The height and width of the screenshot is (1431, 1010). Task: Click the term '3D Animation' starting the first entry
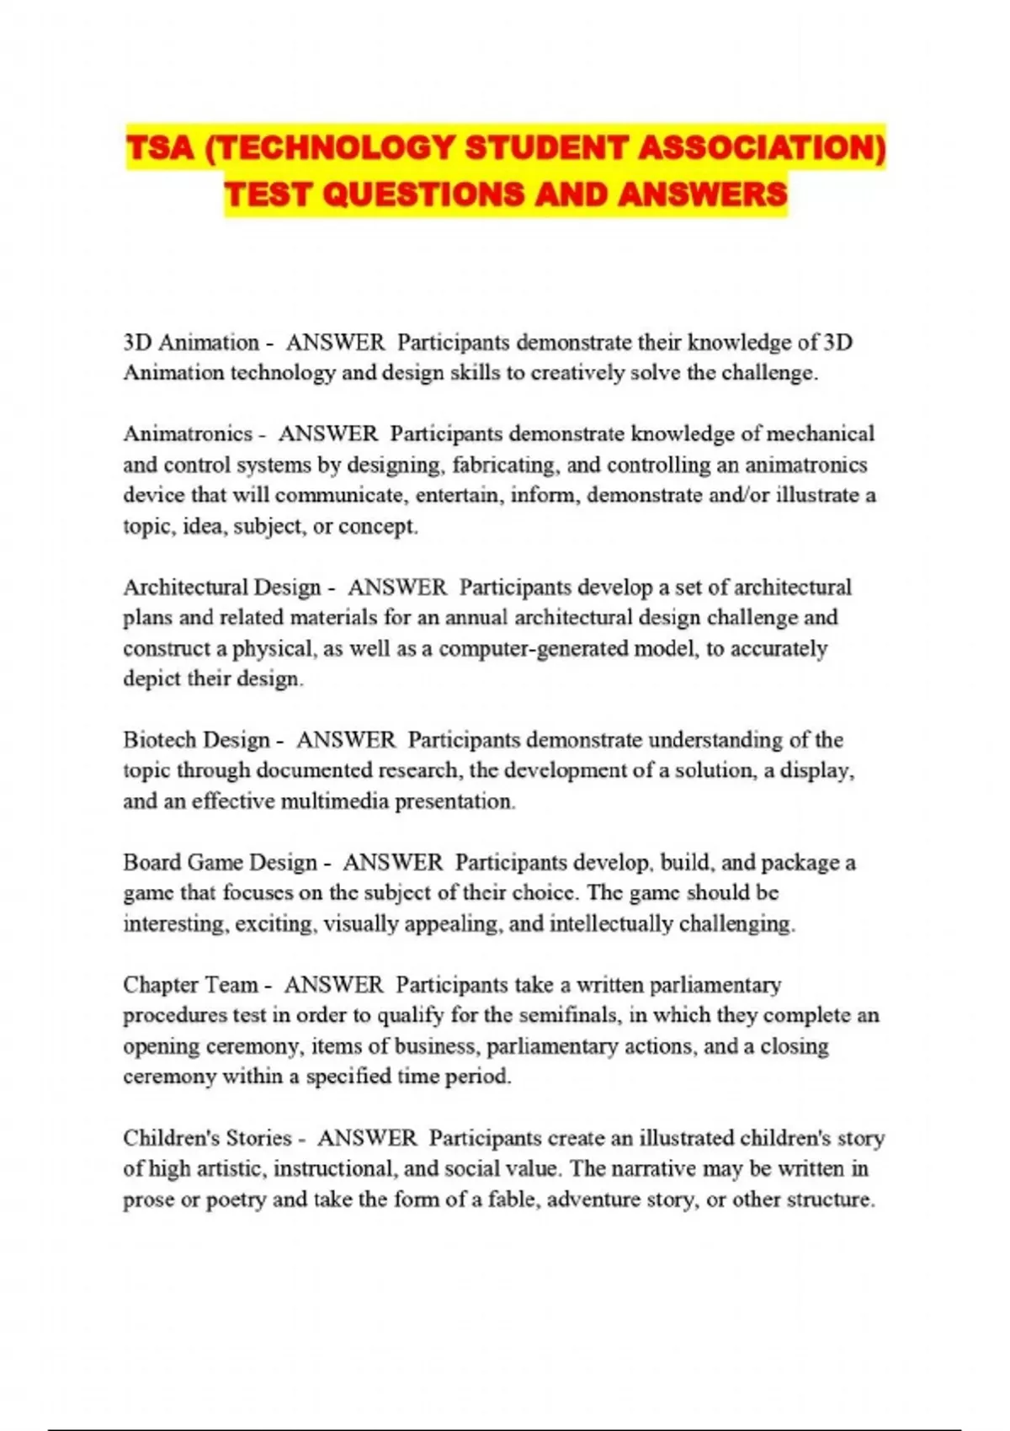191,343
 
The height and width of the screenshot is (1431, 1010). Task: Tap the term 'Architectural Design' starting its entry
222,587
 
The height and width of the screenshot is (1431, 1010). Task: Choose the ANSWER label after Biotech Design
345,740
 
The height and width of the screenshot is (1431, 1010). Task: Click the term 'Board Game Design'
221,863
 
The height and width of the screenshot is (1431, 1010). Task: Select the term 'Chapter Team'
190,985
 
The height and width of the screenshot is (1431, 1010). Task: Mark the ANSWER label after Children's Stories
367,1138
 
